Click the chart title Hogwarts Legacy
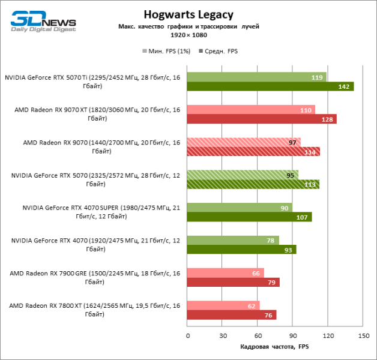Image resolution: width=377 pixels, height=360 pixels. [188, 14]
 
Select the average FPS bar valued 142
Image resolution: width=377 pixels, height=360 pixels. [270, 86]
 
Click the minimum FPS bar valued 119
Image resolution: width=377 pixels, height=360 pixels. [256, 77]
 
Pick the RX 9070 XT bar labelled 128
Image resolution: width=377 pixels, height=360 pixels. [261, 119]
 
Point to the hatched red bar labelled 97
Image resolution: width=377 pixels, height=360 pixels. [243, 142]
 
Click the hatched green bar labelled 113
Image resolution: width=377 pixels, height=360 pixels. [253, 184]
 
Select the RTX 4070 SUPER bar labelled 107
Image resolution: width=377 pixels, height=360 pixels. [249, 217]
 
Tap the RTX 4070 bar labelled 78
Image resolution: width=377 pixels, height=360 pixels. [233, 240]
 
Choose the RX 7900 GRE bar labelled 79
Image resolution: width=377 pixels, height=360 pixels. [234, 282]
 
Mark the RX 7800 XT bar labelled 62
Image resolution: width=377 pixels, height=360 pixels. [223, 305]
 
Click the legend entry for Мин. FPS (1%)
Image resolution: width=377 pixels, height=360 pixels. [166, 51]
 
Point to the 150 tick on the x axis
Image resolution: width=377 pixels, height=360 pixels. [363, 335]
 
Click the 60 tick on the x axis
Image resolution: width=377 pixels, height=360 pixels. [258, 335]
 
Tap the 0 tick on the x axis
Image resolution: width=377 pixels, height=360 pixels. [187, 335]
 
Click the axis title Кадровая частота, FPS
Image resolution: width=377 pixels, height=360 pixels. [274, 347]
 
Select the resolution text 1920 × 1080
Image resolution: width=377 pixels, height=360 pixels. [188, 35]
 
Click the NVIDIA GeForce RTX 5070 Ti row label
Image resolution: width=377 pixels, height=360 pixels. [92, 82]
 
